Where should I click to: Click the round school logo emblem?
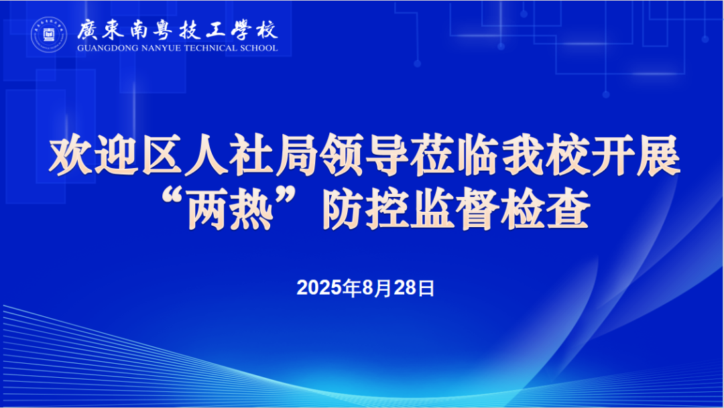[x=50, y=36]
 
